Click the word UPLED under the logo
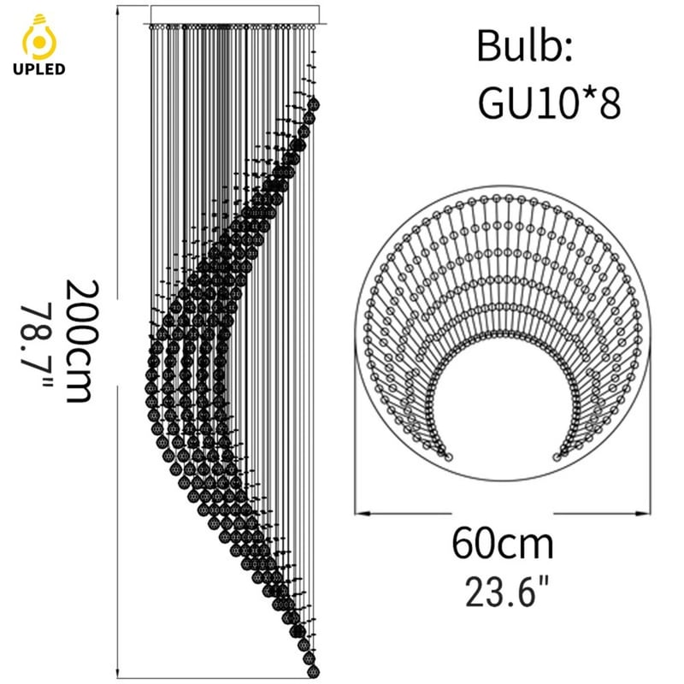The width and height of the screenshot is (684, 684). point(39,69)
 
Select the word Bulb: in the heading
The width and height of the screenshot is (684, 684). point(524,46)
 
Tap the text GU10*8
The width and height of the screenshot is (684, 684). point(550,103)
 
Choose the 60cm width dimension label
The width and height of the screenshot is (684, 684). point(503,544)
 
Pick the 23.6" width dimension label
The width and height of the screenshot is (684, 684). point(506,592)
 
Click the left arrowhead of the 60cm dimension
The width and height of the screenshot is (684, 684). point(362,514)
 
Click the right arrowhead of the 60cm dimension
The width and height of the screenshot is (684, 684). point(643,514)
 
